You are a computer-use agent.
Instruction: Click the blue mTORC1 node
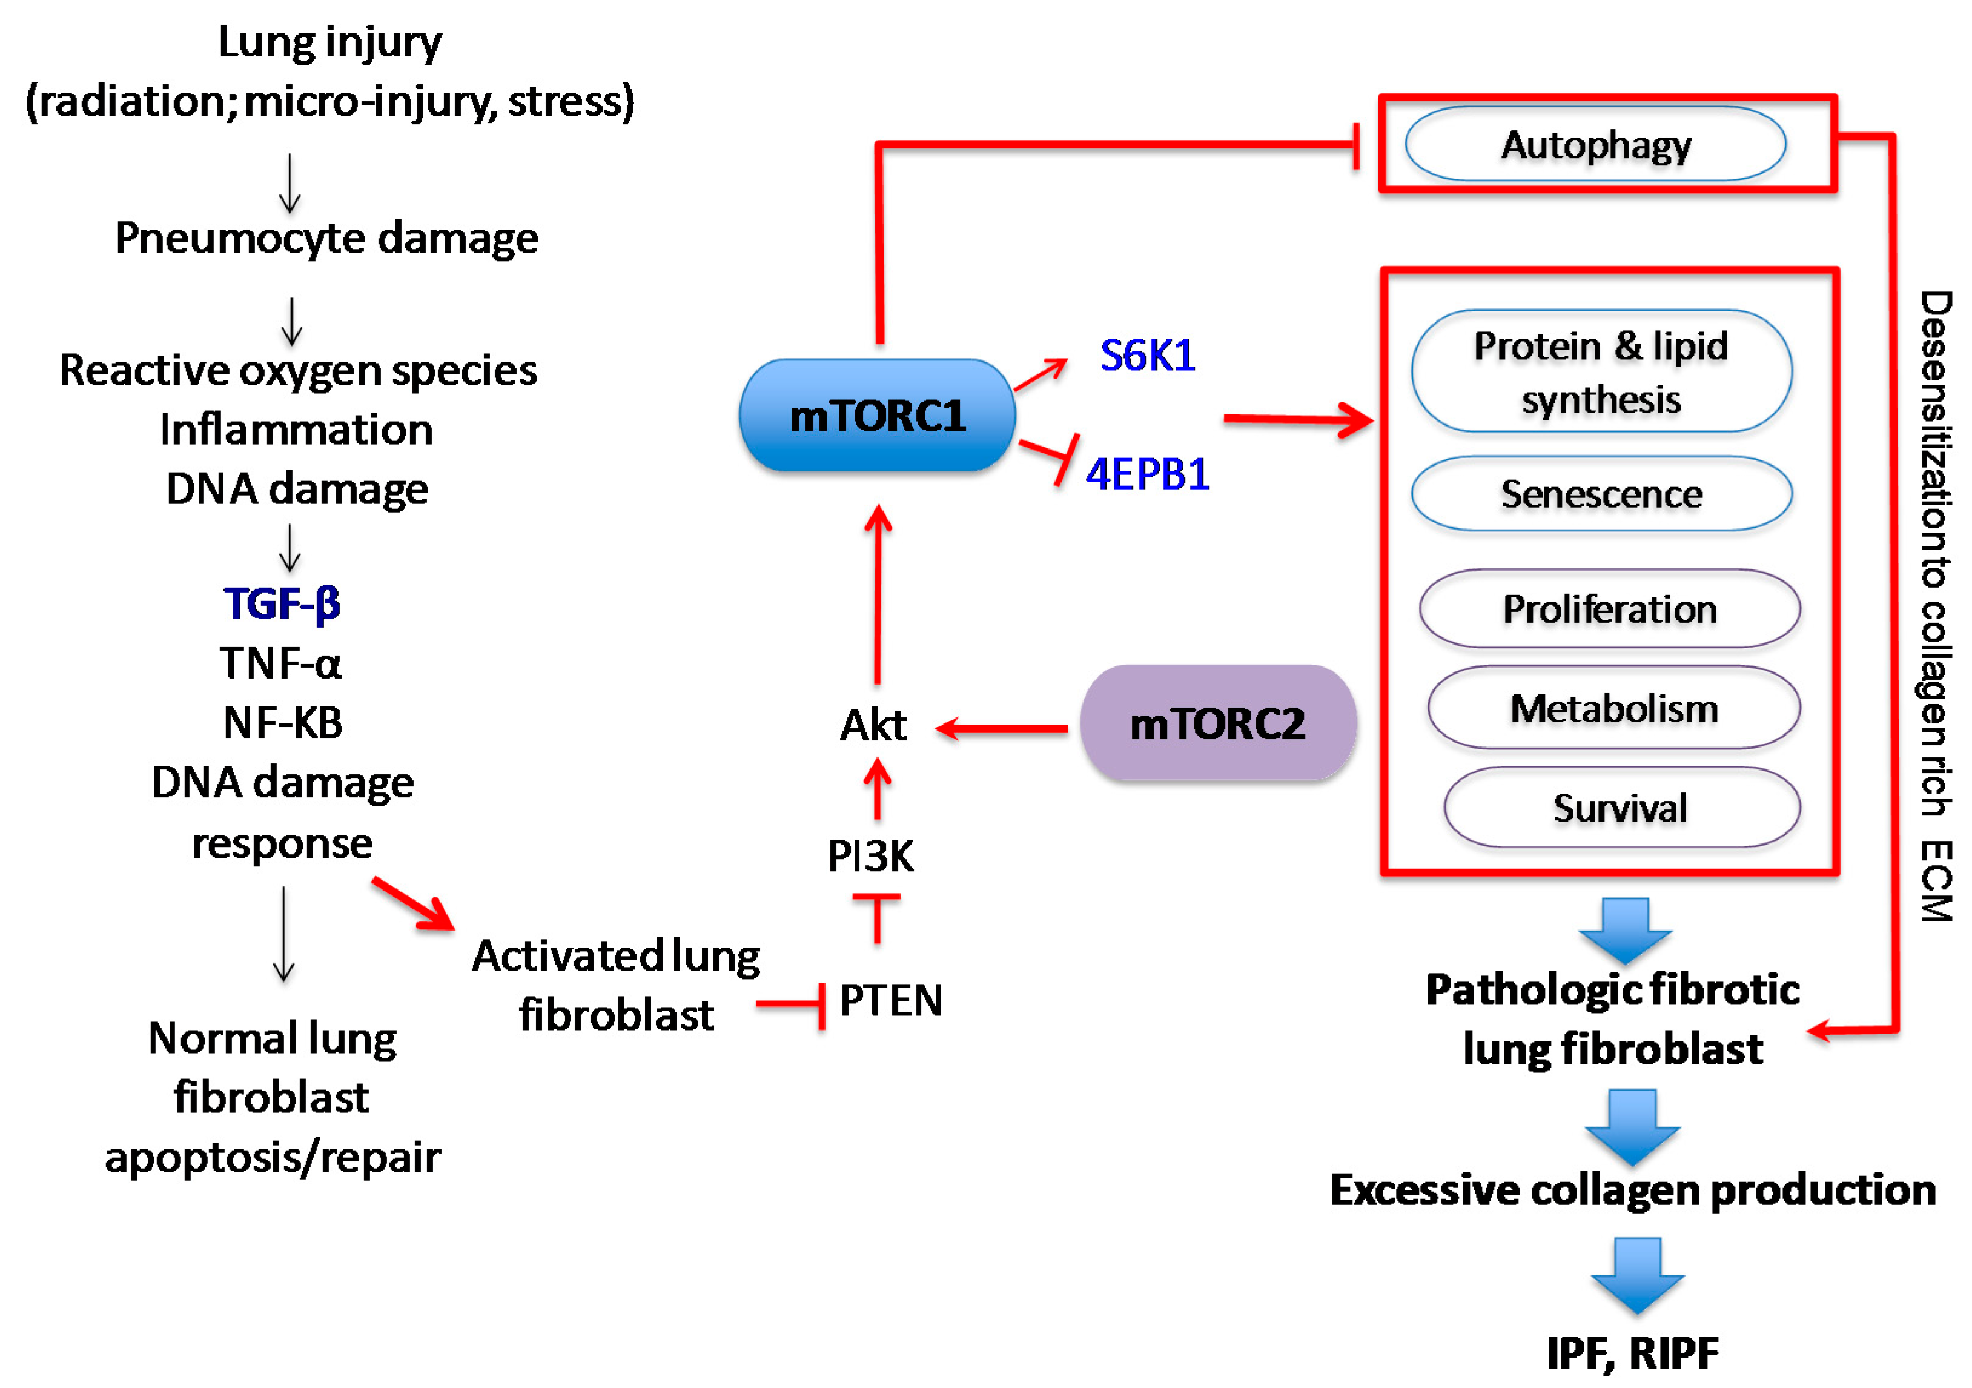877,415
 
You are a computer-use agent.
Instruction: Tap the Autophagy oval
1596,144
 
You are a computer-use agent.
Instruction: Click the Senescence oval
1602,494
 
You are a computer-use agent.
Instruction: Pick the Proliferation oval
1610,608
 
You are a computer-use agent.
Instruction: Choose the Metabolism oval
1614,708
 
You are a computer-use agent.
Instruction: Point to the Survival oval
1621,808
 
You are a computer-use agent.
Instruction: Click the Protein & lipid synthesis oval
1602,371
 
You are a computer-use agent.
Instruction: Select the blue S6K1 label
1148,355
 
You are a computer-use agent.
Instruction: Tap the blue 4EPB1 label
1148,473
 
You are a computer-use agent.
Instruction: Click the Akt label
873,725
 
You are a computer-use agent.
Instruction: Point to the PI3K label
870,855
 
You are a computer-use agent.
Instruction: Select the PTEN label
891,1000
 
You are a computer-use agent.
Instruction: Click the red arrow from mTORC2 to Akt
1002,728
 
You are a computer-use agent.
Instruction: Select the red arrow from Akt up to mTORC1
878,594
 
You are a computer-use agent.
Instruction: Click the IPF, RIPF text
1633,1353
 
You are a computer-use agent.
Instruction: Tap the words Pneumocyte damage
326,238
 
